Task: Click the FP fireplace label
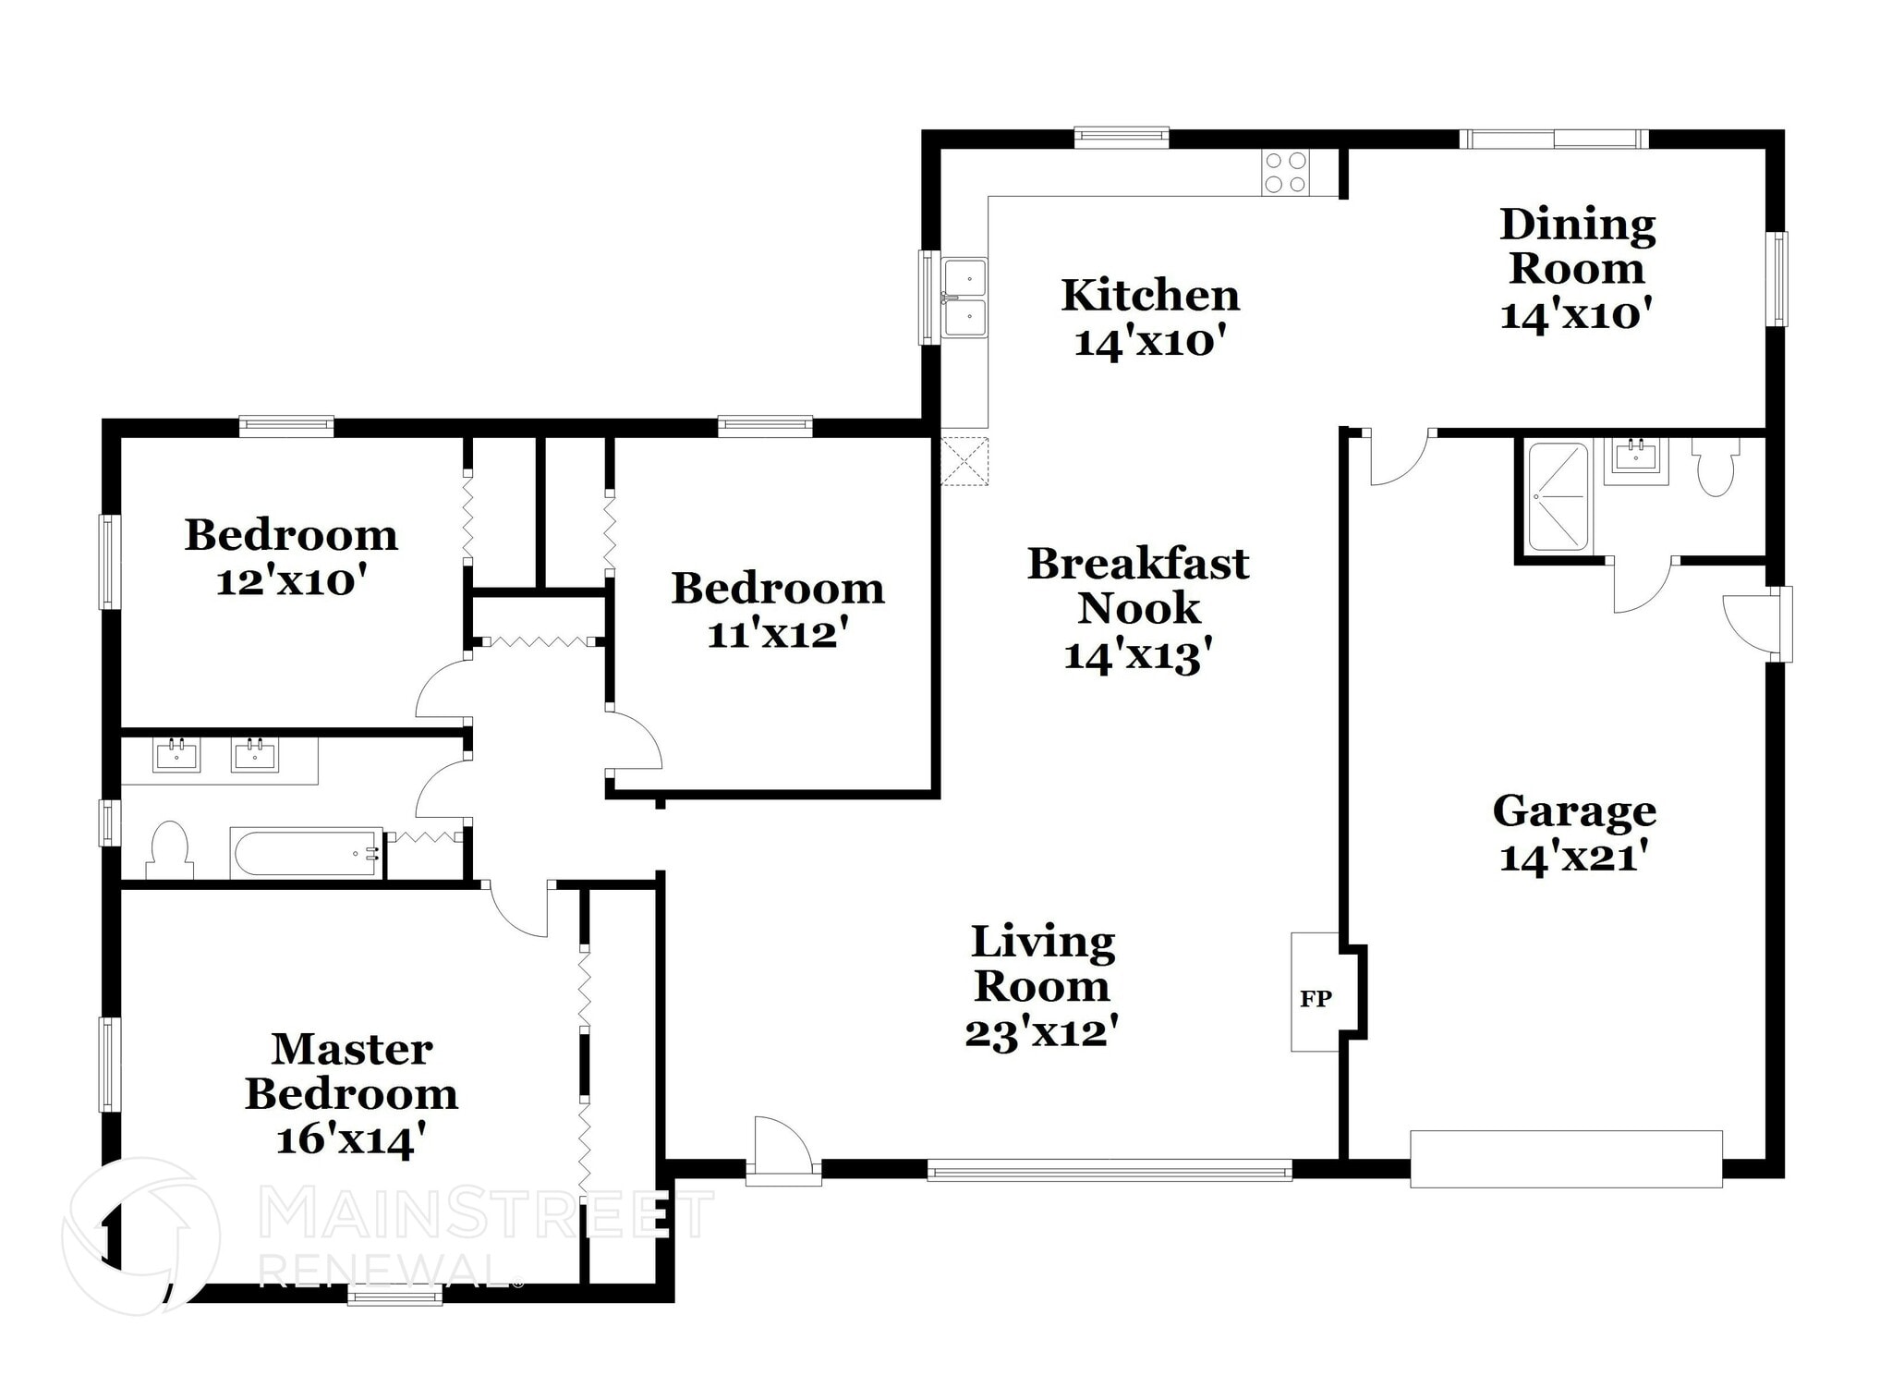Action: click(1316, 998)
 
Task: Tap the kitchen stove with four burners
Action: click(1286, 172)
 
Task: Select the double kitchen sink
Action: click(964, 298)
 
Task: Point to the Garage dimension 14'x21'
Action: click(1574, 858)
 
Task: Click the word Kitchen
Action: click(1150, 296)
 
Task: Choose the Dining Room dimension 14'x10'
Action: click(1576, 315)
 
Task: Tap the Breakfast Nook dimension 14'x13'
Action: click(1138, 655)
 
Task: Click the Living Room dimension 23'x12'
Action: click(1042, 1032)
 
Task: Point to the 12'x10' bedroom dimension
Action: click(292, 581)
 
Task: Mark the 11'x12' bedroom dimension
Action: click(778, 634)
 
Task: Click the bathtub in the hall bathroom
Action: click(307, 853)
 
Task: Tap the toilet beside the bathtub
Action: click(170, 850)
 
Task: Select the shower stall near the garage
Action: click(1558, 497)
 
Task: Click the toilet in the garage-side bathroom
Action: click(1716, 466)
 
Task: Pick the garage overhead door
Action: click(1566, 1159)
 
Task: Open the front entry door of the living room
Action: click(783, 1151)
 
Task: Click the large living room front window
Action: click(1110, 1171)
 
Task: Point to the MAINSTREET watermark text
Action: click(486, 1213)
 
